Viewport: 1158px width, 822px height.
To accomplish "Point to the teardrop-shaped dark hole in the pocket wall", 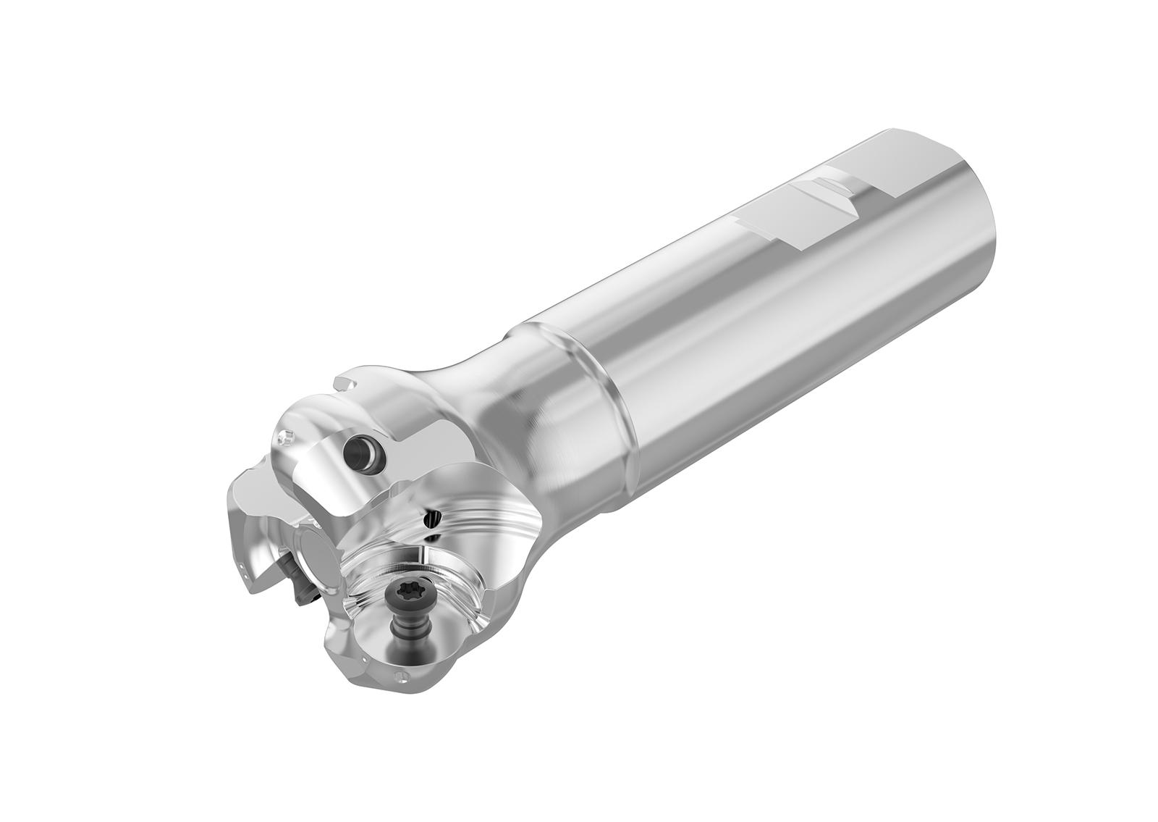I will [x=434, y=517].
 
